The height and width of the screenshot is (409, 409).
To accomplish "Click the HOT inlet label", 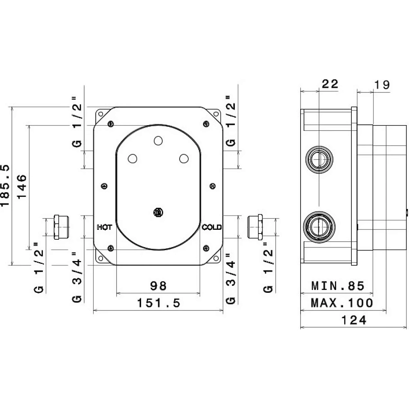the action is (104, 227).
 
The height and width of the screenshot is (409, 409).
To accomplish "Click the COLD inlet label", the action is (211, 227).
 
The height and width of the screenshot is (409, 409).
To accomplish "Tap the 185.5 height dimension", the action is (5, 185).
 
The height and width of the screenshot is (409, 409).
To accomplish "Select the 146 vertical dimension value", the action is (22, 187).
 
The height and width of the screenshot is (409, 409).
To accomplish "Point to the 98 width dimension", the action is (158, 286).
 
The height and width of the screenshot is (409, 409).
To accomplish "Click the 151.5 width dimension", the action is (159, 303).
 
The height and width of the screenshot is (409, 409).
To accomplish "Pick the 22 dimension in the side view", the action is (330, 84).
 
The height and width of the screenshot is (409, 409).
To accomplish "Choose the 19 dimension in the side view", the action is (382, 85).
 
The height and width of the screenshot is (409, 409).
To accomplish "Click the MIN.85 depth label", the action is (338, 286).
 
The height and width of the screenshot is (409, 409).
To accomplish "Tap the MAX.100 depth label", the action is (342, 303).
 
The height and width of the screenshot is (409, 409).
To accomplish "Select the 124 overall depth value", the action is (354, 320).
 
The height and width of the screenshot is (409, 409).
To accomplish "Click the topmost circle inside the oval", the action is (158, 141).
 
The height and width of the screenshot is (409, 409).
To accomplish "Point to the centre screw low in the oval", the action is (158, 212).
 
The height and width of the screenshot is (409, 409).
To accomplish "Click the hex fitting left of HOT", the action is (61, 227).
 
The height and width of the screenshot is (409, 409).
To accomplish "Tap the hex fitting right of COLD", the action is (255, 227).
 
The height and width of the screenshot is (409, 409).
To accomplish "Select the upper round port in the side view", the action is (319, 159).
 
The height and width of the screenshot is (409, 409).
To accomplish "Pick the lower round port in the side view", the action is (319, 227).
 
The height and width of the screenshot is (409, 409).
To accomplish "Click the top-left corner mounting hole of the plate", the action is (101, 114).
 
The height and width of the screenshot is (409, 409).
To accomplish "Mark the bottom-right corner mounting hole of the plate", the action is (216, 258).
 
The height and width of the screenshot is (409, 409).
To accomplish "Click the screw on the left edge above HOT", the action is (104, 186).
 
